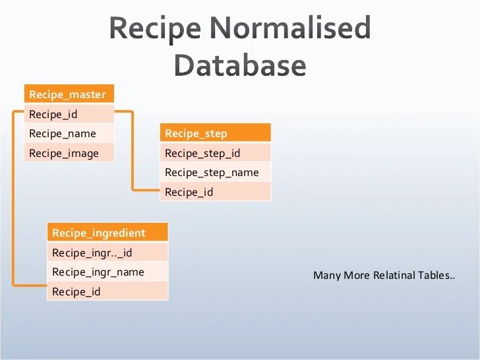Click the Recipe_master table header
[69, 94]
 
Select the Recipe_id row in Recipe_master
[69, 114]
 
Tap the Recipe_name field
[69, 133]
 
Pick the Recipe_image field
[69, 153]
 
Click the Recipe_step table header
[215, 133]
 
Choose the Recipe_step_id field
[215, 153]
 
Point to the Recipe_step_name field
[215, 172]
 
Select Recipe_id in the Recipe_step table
[215, 192]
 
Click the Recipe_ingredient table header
[107, 233]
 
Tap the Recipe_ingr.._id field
[107, 252]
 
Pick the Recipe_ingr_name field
[107, 272]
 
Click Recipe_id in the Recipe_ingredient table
[107, 291]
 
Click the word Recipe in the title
[155, 29]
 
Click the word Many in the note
[327, 275]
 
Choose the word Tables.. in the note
[436, 275]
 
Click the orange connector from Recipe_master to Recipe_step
[133, 152]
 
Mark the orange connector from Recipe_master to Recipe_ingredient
[13, 198]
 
